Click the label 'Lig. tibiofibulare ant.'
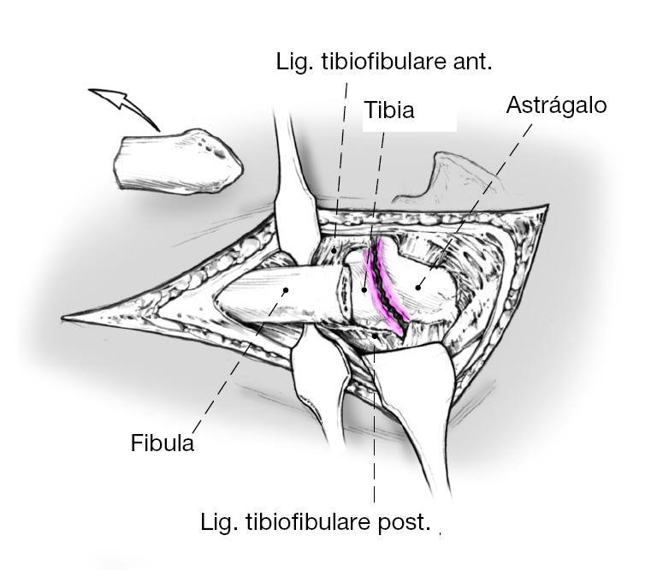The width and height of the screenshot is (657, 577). point(384,62)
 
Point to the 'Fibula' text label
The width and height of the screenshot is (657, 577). point(163,443)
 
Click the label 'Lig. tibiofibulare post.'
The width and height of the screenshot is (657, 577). point(315,521)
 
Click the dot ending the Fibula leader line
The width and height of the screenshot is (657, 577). point(285,290)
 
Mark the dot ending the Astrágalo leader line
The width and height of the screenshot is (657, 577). point(418,287)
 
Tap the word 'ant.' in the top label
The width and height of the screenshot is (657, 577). point(472,62)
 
